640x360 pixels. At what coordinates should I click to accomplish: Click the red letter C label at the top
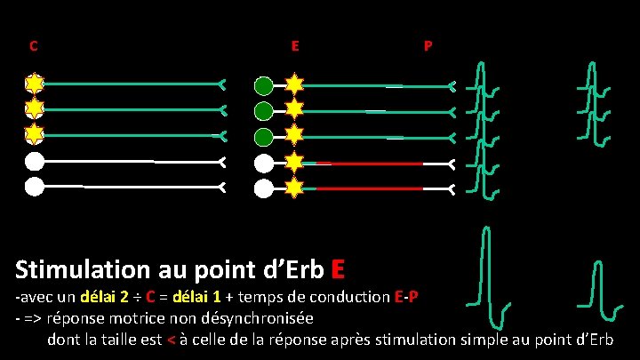coord(33,45)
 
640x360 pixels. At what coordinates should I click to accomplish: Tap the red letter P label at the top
coord(428,45)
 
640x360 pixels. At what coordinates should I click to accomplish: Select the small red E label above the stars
coord(294,44)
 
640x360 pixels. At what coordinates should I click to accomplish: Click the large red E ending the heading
coord(338,268)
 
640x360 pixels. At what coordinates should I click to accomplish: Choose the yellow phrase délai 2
coord(107,296)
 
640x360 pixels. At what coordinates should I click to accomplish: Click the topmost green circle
coord(264,86)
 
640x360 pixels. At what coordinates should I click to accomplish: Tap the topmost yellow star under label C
coord(34,84)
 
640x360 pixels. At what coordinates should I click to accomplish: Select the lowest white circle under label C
coord(34,188)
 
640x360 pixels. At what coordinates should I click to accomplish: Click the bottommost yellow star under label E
coord(293,188)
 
